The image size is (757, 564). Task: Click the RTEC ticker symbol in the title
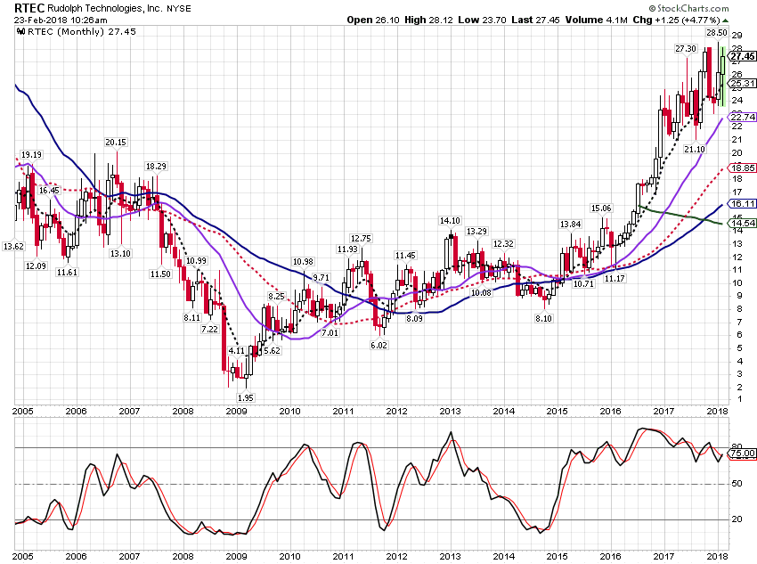click(29, 8)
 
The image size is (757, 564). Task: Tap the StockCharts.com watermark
click(689, 8)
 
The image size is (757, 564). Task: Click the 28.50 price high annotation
click(716, 32)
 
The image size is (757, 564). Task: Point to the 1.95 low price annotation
click(245, 398)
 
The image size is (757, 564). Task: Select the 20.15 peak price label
click(116, 142)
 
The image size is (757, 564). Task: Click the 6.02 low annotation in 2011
click(378, 345)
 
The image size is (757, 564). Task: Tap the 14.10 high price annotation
click(450, 221)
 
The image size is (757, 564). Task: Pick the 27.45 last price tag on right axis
click(743, 56)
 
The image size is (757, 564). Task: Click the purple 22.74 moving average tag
click(743, 118)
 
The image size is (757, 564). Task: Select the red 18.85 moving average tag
click(743, 168)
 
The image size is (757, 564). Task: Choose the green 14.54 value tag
click(743, 223)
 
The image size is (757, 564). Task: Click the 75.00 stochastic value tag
click(743, 454)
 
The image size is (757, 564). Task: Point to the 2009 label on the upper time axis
click(236, 412)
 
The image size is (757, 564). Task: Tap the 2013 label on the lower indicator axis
click(450, 556)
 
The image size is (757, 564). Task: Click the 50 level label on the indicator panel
click(737, 483)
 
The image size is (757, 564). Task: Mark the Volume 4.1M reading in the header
click(596, 20)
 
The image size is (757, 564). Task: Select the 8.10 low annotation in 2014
click(543, 319)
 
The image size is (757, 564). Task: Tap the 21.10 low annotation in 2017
click(695, 150)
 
